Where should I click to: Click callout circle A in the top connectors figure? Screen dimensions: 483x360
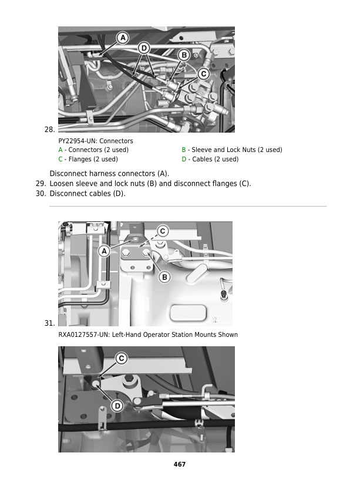pos(123,38)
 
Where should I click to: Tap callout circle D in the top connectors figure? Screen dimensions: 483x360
pos(143,48)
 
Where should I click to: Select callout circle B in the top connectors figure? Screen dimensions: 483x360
pos(183,55)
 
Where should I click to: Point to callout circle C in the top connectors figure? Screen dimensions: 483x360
pos(203,73)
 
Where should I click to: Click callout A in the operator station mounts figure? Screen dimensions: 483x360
pos(104,251)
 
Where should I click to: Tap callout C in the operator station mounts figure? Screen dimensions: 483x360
pos(162,231)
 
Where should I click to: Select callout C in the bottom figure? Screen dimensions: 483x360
pos(120,358)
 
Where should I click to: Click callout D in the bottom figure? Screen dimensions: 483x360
pos(117,406)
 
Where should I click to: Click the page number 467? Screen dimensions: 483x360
pos(180,464)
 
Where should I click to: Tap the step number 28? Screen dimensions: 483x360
pos(49,129)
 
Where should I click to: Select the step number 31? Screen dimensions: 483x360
pos(49,323)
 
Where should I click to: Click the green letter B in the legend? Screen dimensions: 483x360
pos(184,150)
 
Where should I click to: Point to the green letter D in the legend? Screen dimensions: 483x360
pos(184,159)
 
